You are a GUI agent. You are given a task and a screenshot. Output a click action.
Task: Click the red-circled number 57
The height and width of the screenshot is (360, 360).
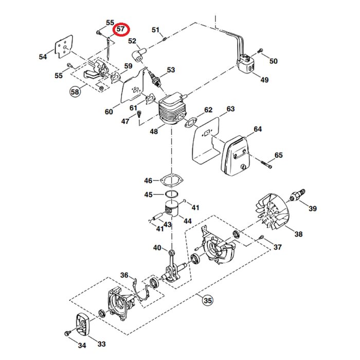click(x=122, y=30)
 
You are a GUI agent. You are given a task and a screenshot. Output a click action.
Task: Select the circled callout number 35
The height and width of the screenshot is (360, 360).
click(x=207, y=300)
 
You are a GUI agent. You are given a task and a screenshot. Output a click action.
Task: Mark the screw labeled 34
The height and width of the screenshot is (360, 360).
click(x=67, y=335)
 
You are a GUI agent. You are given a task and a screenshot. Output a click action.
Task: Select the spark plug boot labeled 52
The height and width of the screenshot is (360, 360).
click(x=139, y=55)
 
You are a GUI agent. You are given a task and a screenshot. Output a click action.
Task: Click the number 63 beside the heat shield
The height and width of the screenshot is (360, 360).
click(x=230, y=109)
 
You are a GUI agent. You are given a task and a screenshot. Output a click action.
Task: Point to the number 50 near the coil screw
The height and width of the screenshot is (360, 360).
click(x=273, y=61)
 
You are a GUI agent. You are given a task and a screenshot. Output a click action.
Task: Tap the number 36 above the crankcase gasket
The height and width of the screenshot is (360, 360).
click(x=124, y=275)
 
